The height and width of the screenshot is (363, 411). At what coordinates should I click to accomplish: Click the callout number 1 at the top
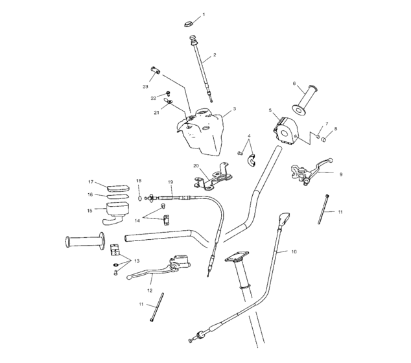203,14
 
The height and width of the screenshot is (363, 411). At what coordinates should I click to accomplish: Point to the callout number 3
234,109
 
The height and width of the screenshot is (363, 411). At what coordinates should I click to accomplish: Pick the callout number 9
340,174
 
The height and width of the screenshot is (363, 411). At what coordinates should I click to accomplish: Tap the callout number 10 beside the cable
294,250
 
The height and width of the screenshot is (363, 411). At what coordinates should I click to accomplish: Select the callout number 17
91,182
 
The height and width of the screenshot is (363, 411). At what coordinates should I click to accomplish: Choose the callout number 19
170,182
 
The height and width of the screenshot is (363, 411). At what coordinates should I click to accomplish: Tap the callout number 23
145,86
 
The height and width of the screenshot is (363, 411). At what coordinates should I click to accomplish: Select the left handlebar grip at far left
84,242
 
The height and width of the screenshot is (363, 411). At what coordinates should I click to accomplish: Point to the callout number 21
156,112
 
